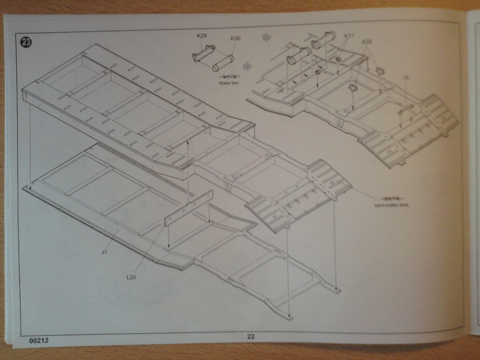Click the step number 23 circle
[x=26, y=41]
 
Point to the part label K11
[x=349, y=36]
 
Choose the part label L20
[x=132, y=277]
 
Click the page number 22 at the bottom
[x=251, y=336]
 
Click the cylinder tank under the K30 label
[x=223, y=62]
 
